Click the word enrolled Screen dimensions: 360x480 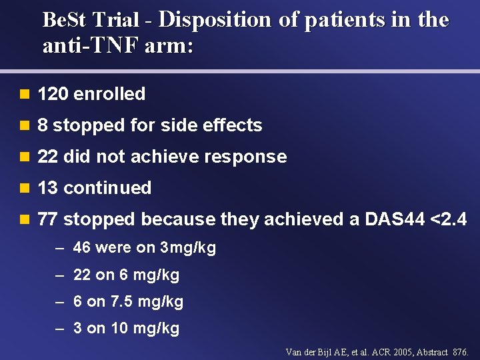pos(109,94)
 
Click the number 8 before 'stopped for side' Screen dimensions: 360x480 pos(43,125)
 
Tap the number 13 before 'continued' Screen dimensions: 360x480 pos(48,188)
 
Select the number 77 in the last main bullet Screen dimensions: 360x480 pos(48,219)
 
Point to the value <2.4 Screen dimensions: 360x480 pos(449,219)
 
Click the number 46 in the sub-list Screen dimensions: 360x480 pos(82,248)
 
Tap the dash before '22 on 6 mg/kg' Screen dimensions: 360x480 pos(59,275)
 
